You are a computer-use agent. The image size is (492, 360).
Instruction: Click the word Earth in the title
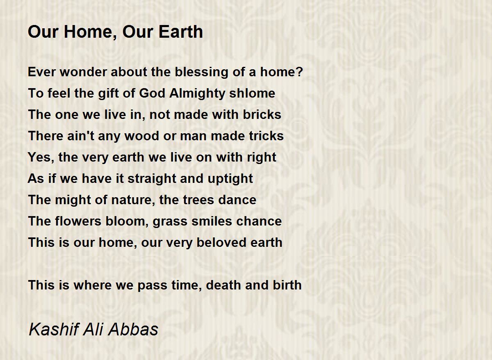click(180, 32)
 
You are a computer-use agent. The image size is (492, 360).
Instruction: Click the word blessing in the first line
click(201, 72)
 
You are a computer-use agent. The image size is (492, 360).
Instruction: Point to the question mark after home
click(300, 72)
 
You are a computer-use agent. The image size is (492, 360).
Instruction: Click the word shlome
click(252, 93)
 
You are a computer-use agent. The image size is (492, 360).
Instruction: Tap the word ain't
click(81, 136)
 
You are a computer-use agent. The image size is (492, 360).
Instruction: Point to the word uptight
click(230, 179)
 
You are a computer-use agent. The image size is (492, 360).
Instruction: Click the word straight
click(152, 179)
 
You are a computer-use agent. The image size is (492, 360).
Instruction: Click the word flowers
click(78, 221)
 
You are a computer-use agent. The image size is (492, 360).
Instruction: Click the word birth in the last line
click(287, 285)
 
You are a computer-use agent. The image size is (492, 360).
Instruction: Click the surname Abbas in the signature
click(133, 329)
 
